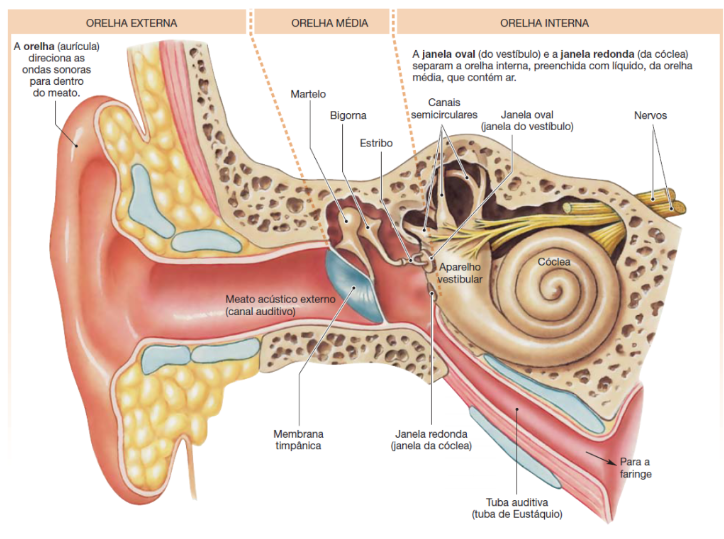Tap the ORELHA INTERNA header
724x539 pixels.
[x=544, y=21]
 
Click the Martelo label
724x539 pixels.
[x=309, y=94]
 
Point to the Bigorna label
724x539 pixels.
[x=347, y=116]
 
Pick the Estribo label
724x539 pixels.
[x=376, y=144]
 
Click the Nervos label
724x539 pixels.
[x=650, y=116]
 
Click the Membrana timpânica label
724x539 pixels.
[x=298, y=440]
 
